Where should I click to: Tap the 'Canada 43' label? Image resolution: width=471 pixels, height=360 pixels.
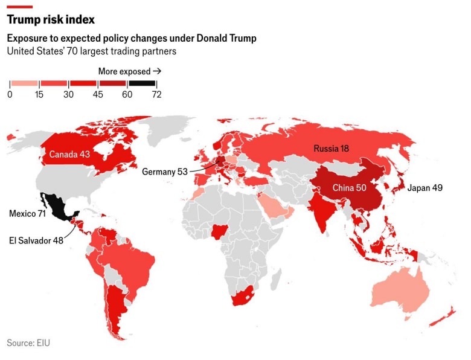[69, 155]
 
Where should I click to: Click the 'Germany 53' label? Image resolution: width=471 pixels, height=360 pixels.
[165, 172]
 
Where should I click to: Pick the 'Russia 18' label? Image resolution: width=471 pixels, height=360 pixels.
[332, 148]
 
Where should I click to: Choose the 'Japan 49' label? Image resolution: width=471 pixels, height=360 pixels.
[425, 188]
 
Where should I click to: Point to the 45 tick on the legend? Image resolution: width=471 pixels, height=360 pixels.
[98, 94]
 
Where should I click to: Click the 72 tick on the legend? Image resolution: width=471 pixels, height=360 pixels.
[156, 94]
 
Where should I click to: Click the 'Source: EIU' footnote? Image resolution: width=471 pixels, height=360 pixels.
[28, 342]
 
